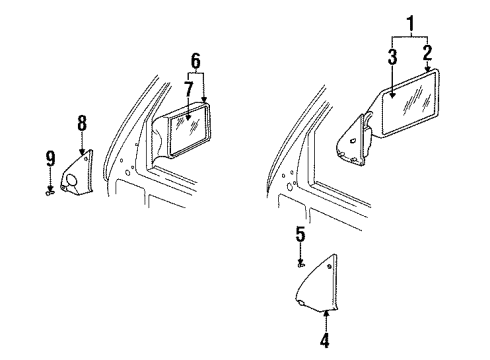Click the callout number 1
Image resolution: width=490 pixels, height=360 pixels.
(408, 21)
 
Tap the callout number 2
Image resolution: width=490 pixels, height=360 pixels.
(427, 52)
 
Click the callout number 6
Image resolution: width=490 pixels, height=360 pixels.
(195, 59)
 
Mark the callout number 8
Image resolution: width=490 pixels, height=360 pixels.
(82, 123)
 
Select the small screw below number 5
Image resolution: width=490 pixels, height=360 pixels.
(301, 265)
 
